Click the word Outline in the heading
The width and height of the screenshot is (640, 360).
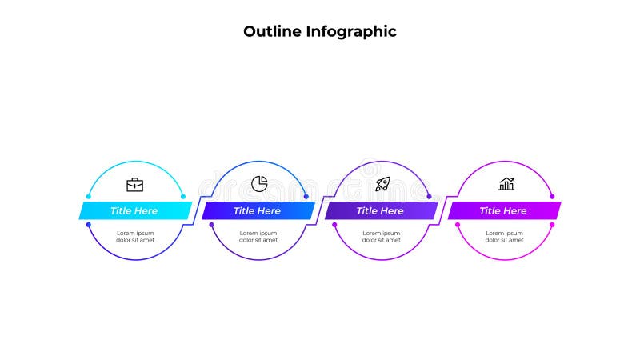272,32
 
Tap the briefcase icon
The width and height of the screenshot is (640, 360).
135,185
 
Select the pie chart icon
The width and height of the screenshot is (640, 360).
258,184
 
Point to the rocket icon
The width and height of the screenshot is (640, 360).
382,185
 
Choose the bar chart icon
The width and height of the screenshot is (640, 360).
506,185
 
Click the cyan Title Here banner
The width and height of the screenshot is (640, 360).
134,210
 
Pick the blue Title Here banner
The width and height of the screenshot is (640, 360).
258,210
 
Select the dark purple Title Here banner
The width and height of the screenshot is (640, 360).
381,210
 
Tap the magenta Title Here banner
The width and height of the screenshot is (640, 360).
504,210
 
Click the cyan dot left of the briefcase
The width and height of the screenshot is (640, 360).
87,196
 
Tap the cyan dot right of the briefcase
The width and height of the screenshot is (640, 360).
183,196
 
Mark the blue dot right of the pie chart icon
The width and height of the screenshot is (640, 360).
306,196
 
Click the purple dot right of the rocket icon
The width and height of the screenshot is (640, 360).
430,196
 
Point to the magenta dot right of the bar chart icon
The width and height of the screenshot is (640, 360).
553,196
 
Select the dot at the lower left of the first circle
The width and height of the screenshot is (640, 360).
88,225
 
